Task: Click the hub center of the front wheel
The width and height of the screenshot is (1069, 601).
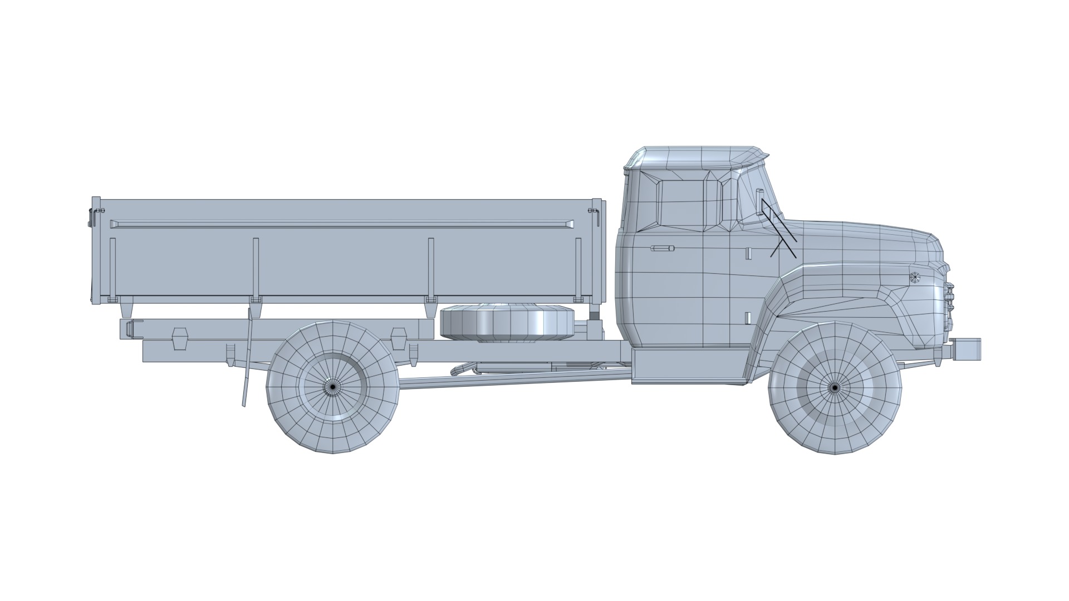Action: point(835,388)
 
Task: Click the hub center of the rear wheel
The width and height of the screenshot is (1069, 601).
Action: point(332,386)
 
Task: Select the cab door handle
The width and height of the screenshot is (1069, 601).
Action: point(663,248)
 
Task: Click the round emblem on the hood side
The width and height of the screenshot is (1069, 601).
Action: point(914,277)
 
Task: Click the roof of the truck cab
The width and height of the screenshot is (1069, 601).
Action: point(696,155)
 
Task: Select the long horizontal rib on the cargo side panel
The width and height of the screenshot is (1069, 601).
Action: point(342,224)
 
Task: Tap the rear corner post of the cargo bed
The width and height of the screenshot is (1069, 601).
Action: point(96,250)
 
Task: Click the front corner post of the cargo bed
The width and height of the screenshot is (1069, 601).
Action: point(597,250)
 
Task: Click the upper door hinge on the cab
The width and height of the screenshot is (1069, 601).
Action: point(749,253)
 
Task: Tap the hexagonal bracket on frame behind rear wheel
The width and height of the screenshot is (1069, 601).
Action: point(180,338)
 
